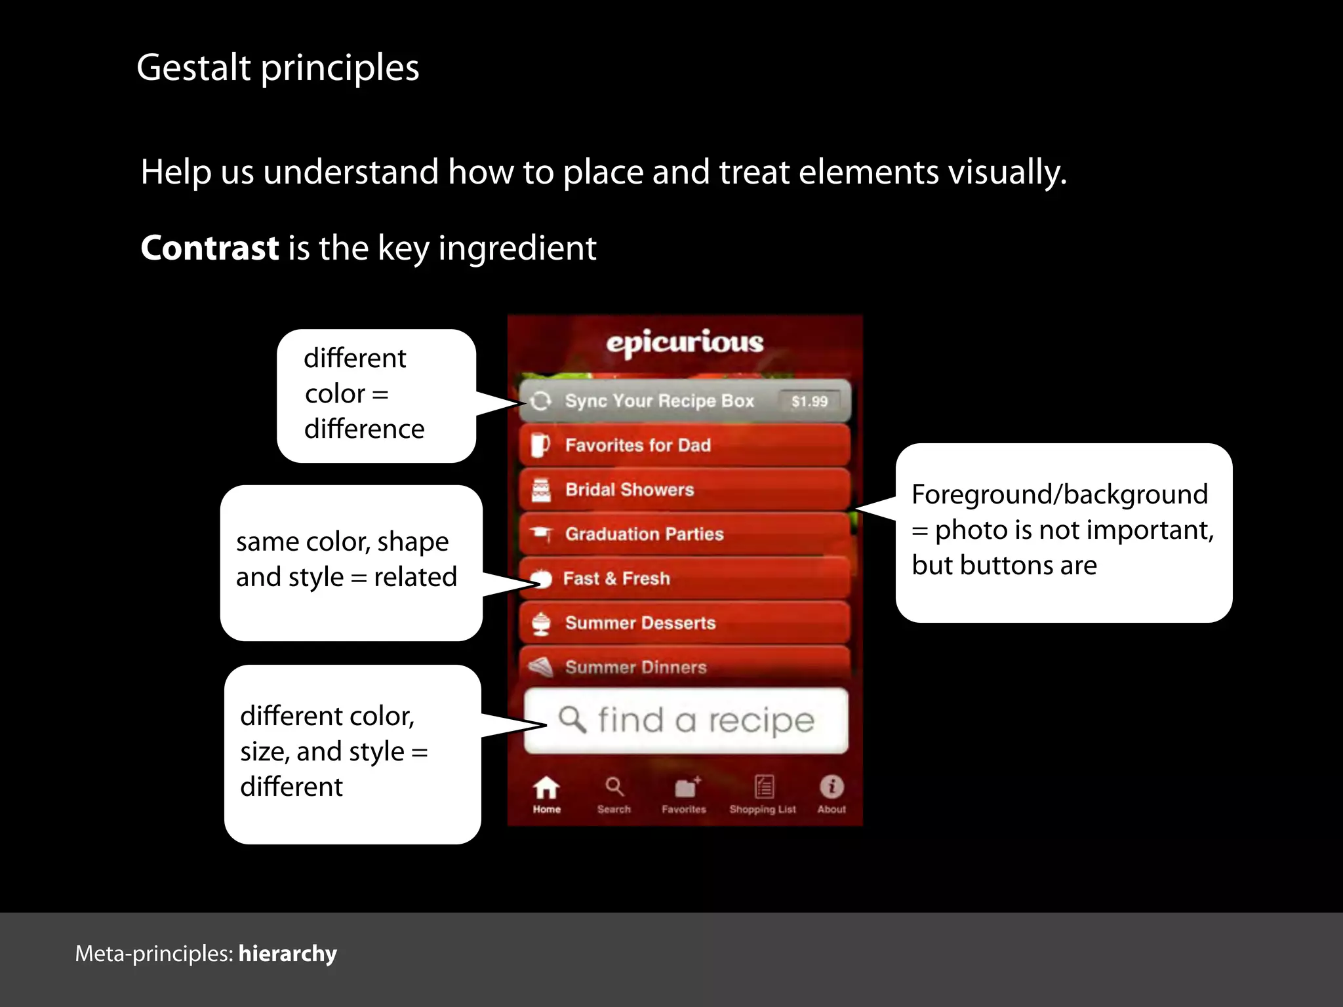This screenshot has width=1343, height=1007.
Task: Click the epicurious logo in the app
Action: tap(685, 342)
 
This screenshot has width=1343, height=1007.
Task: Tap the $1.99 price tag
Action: tap(809, 401)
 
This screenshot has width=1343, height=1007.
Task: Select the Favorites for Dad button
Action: tap(685, 445)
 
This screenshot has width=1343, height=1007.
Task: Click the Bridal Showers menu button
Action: tap(685, 490)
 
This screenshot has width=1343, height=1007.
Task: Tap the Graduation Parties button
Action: tap(685, 534)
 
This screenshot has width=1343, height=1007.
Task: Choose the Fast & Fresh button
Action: tap(685, 578)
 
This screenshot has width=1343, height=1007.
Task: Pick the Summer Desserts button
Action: tap(685, 623)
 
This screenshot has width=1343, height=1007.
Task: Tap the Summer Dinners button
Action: tap(685, 666)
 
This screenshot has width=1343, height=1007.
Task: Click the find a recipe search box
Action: tap(686, 721)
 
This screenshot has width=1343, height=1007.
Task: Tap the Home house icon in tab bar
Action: tap(546, 788)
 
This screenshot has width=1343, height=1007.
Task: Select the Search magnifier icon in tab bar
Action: tap(614, 787)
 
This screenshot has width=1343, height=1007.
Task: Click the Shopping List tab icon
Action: tap(764, 787)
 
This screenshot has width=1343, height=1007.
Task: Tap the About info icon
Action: tap(832, 787)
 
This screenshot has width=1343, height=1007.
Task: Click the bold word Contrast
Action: tap(210, 248)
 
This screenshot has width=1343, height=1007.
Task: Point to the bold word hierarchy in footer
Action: tap(287, 953)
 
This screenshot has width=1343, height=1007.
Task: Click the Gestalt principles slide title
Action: tap(278, 68)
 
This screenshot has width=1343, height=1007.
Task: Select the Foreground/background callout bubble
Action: tap(1064, 532)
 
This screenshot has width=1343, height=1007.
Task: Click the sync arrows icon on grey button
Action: tap(540, 401)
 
